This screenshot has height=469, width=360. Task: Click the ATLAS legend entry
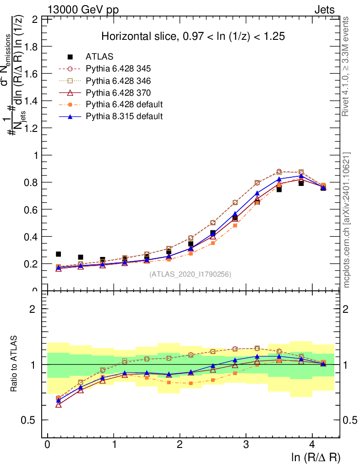pyautogui.click(x=99, y=57)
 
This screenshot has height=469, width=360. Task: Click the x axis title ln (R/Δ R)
pyautogui.click(x=316, y=458)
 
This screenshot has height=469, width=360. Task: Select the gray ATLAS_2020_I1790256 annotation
pyautogui.click(x=190, y=274)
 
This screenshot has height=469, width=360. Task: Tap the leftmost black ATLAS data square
pyautogui.click(x=58, y=254)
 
